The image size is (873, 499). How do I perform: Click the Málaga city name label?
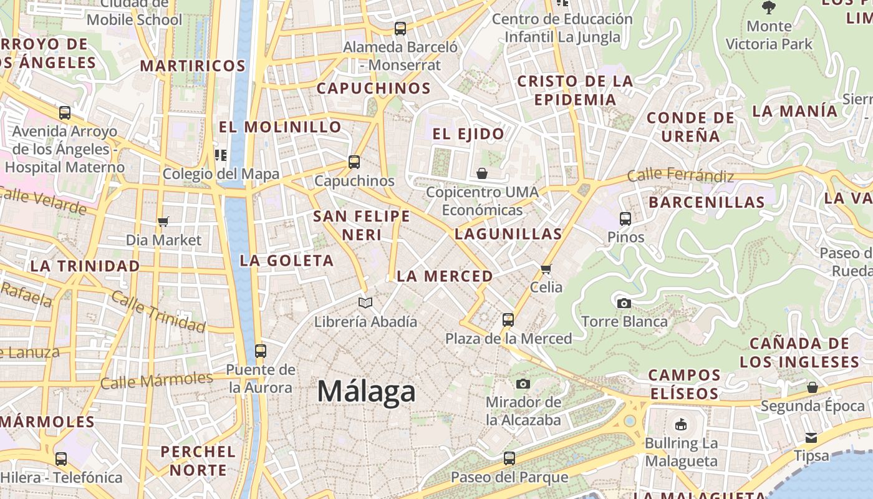pyautogui.click(x=366, y=392)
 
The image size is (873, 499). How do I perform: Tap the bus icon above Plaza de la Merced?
pyautogui.click(x=508, y=320)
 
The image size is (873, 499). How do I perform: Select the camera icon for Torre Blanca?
pyautogui.click(x=624, y=304)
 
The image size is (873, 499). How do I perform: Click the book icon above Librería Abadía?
pyautogui.click(x=365, y=303)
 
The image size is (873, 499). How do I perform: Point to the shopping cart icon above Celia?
pyautogui.click(x=546, y=269)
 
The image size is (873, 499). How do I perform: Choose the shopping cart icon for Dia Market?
pyautogui.click(x=163, y=221)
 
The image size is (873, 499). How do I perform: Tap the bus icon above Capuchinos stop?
pyautogui.click(x=354, y=162)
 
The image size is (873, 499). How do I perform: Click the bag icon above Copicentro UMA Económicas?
pyautogui.click(x=482, y=173)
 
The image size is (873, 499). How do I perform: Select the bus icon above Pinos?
pyautogui.click(x=625, y=219)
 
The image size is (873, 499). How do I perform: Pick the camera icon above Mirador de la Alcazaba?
pyautogui.click(x=523, y=384)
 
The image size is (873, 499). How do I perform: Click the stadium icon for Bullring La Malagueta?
pyautogui.click(x=681, y=425)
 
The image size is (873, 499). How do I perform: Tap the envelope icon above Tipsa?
pyautogui.click(x=811, y=438)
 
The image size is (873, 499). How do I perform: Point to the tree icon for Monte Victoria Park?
pyautogui.click(x=769, y=7)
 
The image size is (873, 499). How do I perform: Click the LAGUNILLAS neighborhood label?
pyautogui.click(x=508, y=235)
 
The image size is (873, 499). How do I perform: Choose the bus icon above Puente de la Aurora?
pyautogui.click(x=261, y=351)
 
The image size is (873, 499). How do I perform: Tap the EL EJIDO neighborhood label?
pyautogui.click(x=468, y=134)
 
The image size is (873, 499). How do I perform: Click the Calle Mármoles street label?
pyautogui.click(x=157, y=380)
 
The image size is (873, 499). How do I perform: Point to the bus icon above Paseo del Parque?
pyautogui.click(x=509, y=458)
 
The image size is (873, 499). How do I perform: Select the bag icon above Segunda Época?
pyautogui.click(x=812, y=387)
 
